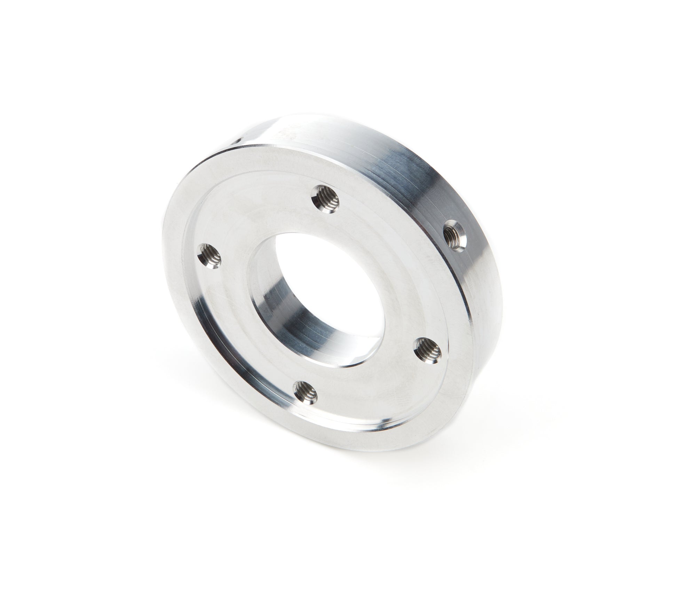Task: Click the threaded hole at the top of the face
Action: [x=327, y=197]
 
